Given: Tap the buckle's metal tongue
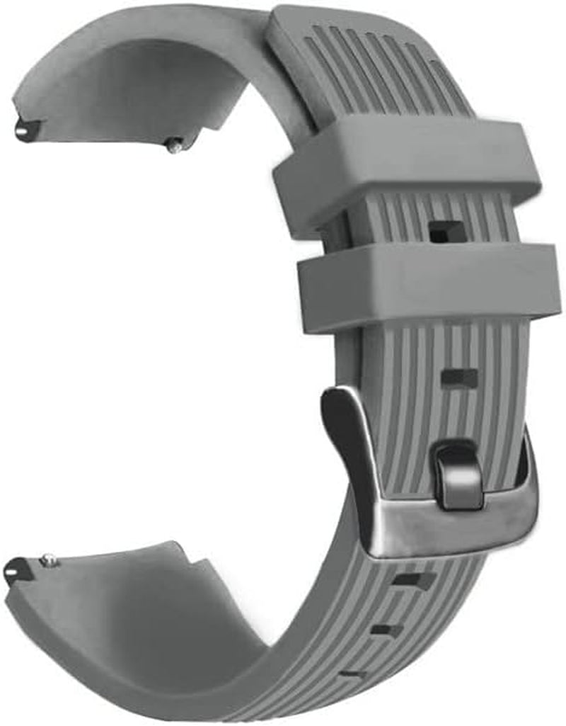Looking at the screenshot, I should (x=458, y=475).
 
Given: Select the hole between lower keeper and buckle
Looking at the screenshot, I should (x=459, y=377).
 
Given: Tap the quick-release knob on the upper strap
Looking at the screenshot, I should (x=174, y=145).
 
